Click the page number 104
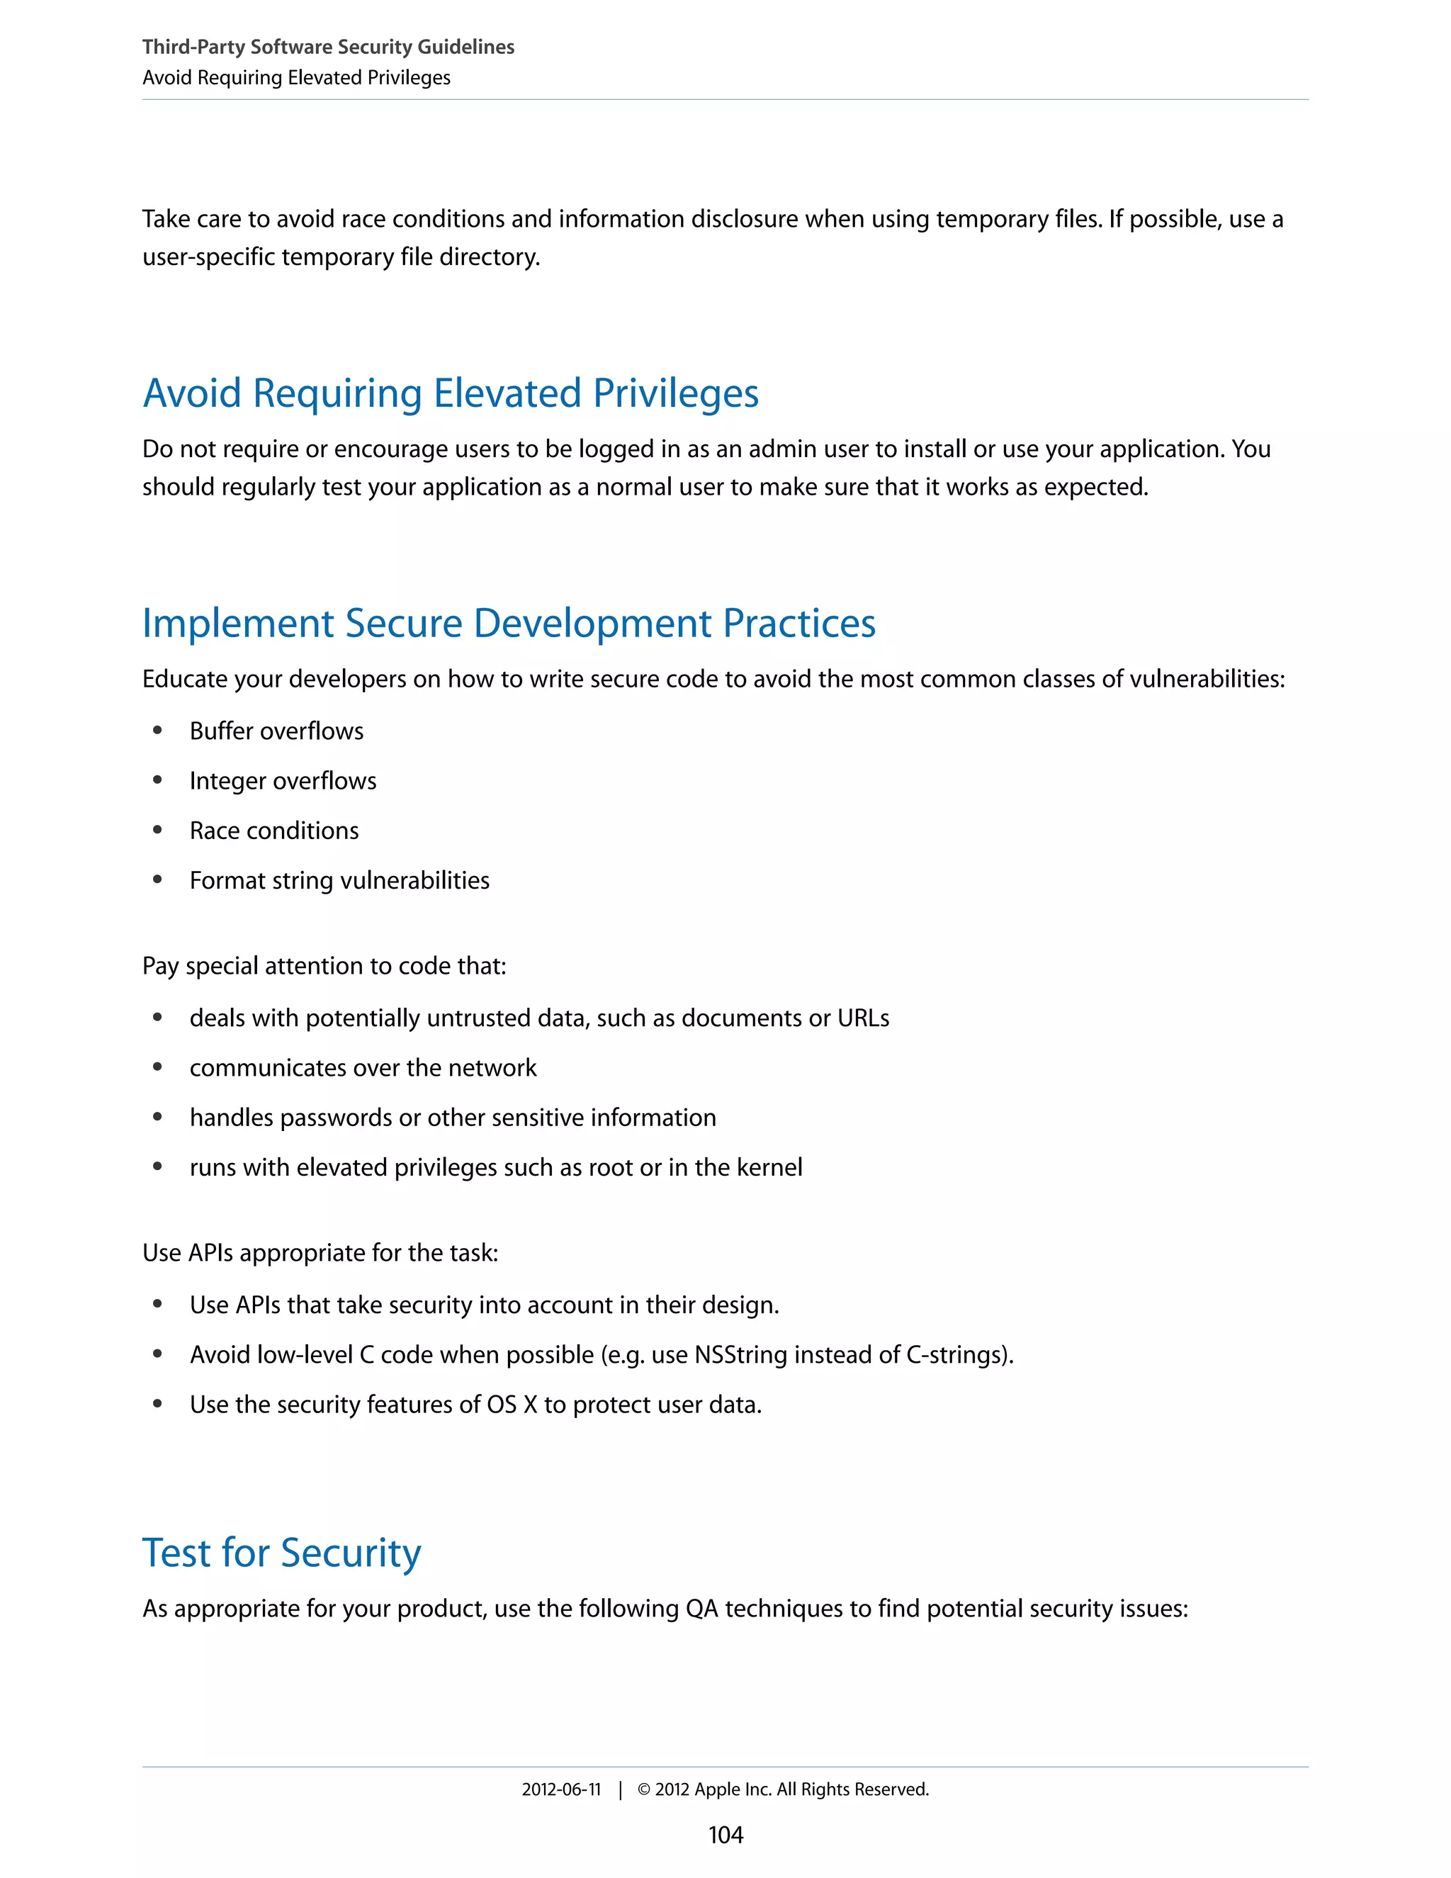click(725, 1834)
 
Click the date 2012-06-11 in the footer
click(560, 1789)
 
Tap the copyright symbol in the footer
click(643, 1789)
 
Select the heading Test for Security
click(281, 1552)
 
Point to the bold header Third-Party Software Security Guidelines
click(327, 47)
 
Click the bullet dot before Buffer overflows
click(157, 730)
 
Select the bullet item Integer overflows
click(283, 781)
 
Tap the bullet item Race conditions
click(273, 831)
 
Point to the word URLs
click(863, 1018)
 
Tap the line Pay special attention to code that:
click(324, 966)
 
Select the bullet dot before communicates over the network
click(157, 1067)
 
